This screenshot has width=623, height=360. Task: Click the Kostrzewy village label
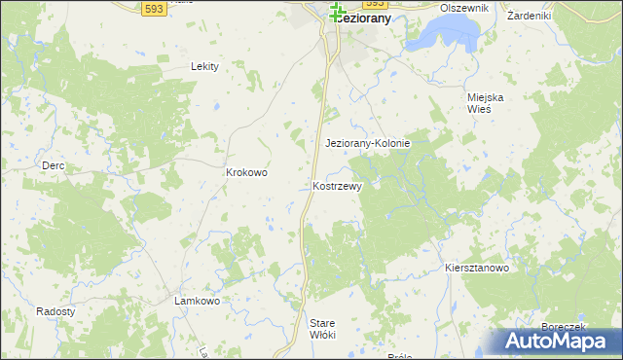click(338, 186)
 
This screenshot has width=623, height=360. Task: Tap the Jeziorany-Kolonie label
click(367, 143)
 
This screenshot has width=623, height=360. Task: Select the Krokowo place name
click(246, 172)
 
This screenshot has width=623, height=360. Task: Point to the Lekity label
click(204, 66)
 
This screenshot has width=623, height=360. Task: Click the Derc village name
click(53, 166)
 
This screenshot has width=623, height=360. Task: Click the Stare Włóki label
click(322, 329)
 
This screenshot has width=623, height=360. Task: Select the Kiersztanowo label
click(477, 268)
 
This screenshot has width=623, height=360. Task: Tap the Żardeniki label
click(530, 16)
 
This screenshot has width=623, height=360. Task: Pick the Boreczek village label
click(562, 328)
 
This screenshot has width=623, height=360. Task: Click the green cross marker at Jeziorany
click(337, 12)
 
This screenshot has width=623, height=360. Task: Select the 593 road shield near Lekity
click(152, 9)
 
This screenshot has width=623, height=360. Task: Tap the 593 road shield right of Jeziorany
click(376, 4)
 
